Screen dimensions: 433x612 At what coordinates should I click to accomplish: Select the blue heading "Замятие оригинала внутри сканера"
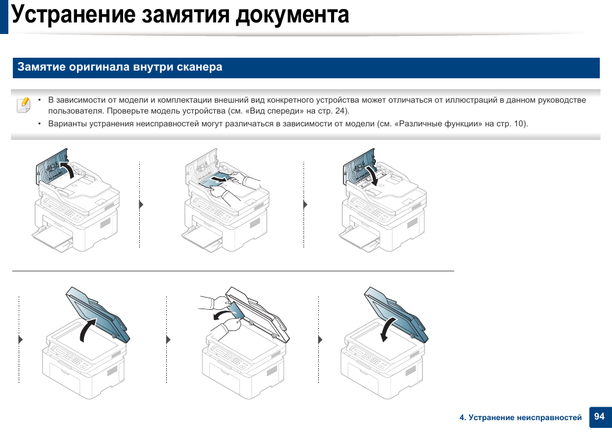[120, 67]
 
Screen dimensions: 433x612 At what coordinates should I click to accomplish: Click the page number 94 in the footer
[599, 417]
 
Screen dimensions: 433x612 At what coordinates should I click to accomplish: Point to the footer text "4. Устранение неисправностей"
[520, 418]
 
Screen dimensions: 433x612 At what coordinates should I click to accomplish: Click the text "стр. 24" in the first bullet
[333, 111]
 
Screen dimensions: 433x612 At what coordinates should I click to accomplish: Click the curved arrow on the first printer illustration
[66, 170]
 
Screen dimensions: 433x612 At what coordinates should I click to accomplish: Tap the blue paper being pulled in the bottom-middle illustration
[232, 313]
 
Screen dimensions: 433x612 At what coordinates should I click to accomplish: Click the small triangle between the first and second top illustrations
[141, 205]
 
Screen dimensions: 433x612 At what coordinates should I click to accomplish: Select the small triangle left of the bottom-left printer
[21, 339]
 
